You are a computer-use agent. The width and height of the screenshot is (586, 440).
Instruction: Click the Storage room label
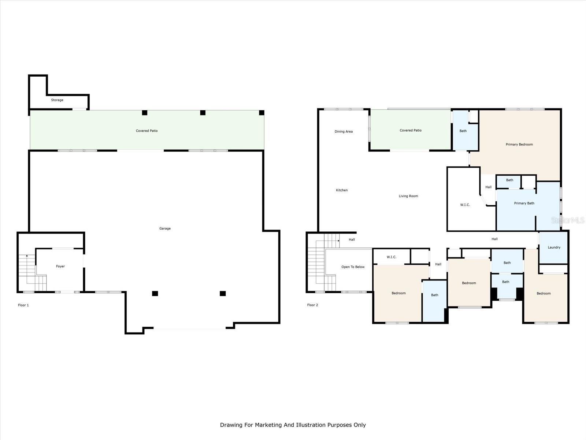[x=57, y=100]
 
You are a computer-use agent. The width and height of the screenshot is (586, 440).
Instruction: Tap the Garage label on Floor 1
[x=165, y=228]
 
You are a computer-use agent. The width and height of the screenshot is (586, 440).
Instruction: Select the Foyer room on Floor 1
[x=60, y=267]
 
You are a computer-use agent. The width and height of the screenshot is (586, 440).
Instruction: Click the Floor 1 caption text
[x=23, y=305]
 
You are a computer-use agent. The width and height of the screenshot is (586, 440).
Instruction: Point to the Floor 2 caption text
[x=312, y=305]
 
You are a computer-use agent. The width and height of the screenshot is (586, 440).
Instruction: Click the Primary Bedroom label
[x=519, y=144]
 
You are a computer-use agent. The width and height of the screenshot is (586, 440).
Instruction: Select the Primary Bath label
[x=524, y=203]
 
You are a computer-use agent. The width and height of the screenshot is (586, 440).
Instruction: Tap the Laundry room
[x=554, y=247]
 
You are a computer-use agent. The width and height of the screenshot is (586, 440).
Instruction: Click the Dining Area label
[x=344, y=132]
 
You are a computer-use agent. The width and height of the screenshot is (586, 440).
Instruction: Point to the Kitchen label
[x=342, y=190]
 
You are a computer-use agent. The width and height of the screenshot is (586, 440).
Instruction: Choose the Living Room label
[x=408, y=196]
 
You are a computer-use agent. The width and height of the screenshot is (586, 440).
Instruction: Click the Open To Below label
[x=353, y=267]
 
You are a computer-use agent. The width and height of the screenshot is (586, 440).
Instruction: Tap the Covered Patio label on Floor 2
[x=411, y=131]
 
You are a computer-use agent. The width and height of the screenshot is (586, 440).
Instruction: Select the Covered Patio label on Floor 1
[x=147, y=131]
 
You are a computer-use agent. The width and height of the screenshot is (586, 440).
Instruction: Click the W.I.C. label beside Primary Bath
[x=465, y=205]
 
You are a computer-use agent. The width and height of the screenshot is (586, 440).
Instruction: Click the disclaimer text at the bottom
[x=293, y=425]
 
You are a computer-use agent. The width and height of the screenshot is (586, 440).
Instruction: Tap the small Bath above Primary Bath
[x=509, y=180]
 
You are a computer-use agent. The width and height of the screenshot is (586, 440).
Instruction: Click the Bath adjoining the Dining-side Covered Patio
[x=463, y=131]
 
